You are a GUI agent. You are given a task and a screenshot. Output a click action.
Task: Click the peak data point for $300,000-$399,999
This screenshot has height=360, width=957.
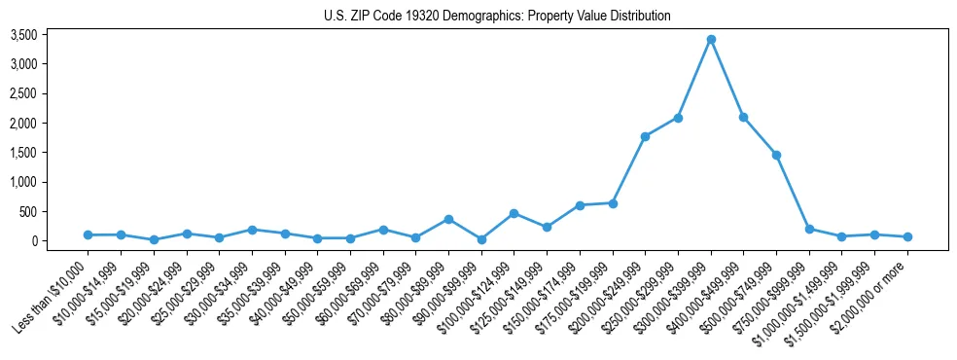point(711,39)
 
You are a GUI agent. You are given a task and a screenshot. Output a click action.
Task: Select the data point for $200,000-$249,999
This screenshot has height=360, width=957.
point(645,136)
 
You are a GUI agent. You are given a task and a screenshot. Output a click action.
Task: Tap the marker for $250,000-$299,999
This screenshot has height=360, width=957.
point(678,118)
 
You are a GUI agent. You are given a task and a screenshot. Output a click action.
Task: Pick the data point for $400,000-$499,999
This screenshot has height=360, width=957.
point(744,117)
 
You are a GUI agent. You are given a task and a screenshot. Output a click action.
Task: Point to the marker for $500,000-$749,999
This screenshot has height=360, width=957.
point(776,155)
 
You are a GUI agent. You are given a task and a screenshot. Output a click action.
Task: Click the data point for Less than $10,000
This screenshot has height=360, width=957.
point(88,234)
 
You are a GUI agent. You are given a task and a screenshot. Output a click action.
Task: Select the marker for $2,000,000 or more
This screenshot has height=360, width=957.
point(907,236)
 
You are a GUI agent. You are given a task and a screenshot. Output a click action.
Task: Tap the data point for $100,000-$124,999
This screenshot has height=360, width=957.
point(514,213)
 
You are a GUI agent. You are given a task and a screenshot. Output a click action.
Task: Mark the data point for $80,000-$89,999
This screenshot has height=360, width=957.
point(448,219)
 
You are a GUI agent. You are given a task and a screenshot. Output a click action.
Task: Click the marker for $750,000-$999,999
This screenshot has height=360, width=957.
point(809,229)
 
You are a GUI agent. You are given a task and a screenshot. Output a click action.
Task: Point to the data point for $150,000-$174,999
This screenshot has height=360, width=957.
point(580,205)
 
